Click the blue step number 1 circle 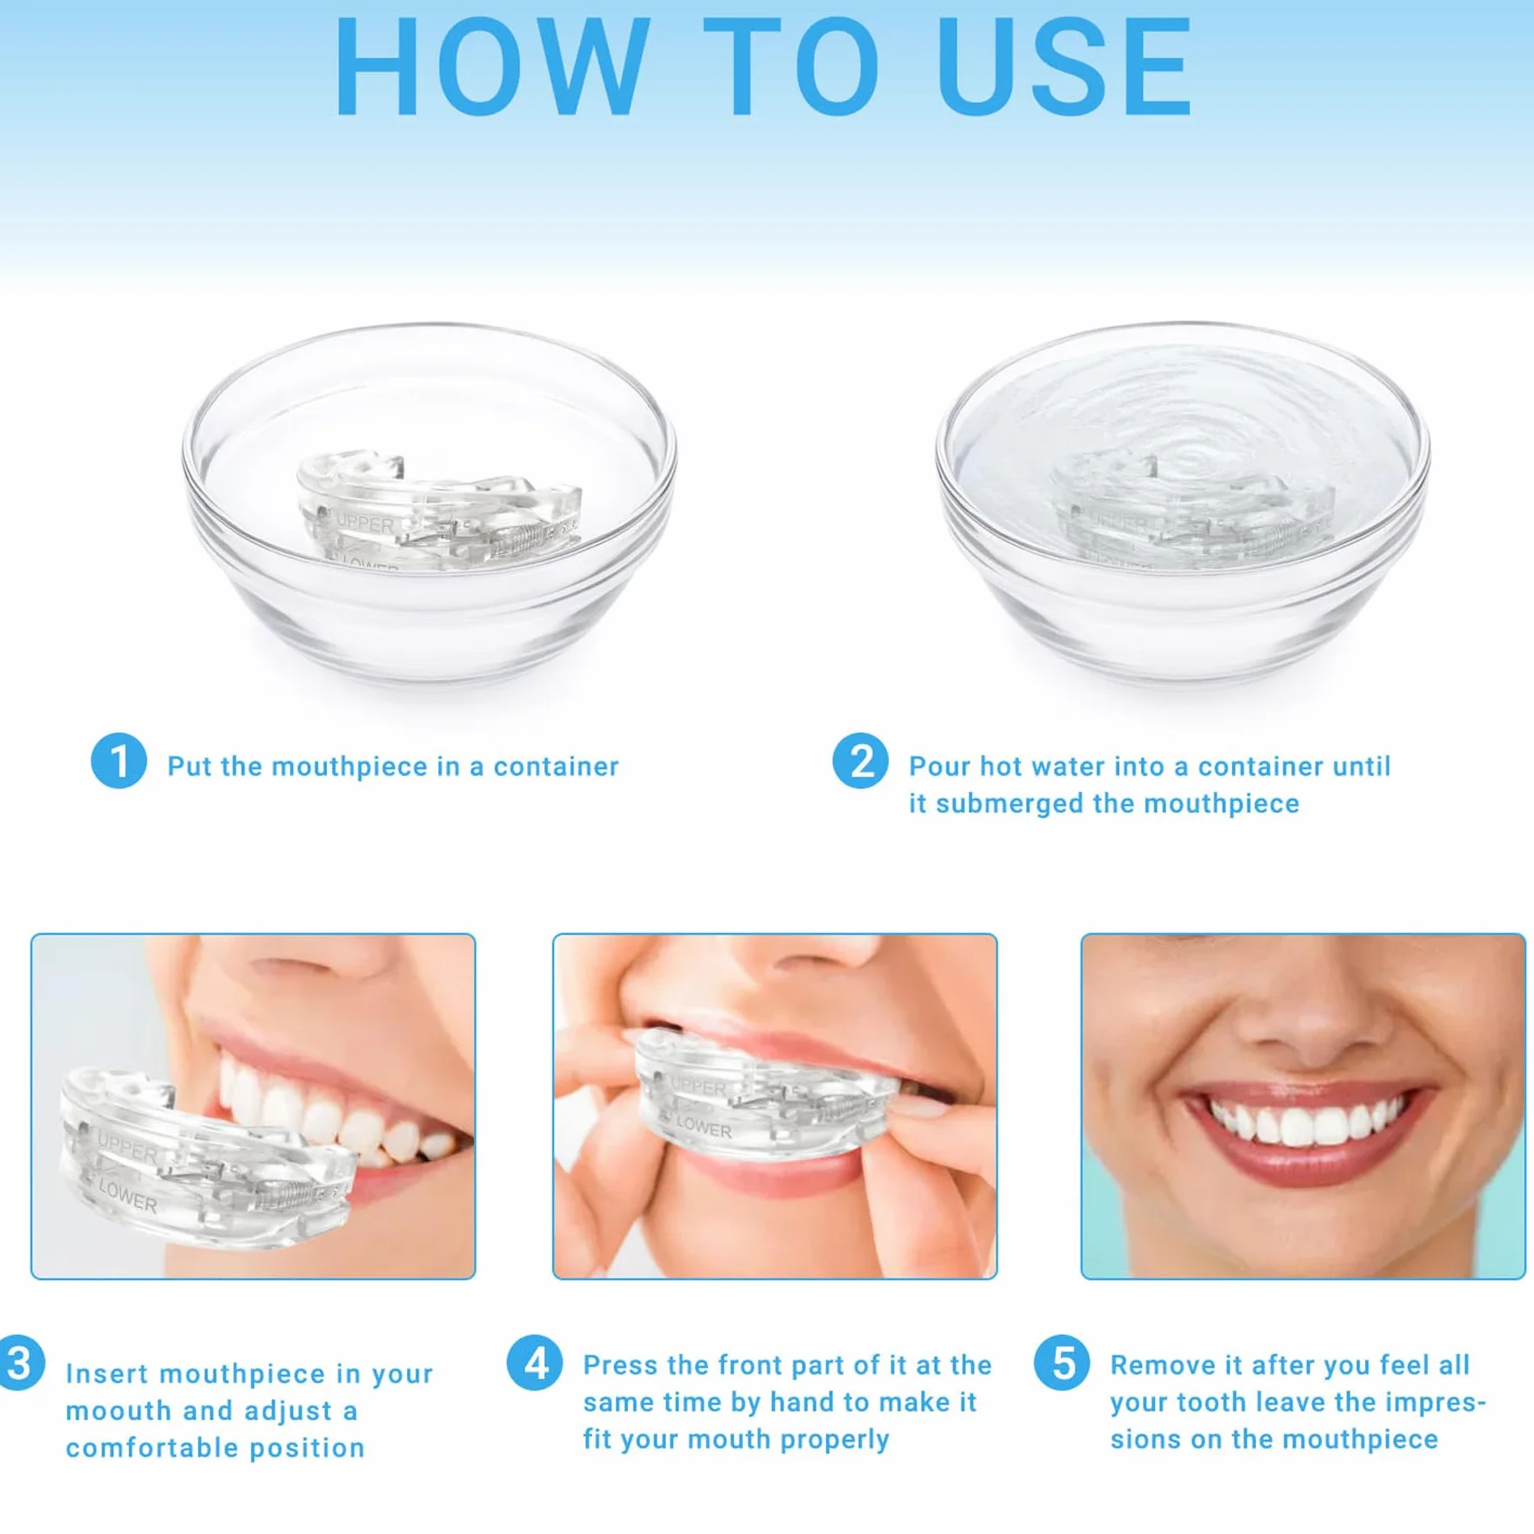(x=119, y=761)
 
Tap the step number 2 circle (x=860, y=761)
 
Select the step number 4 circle (x=535, y=1363)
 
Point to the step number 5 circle (x=1062, y=1363)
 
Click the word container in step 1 (x=557, y=766)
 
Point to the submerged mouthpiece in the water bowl (x=1191, y=511)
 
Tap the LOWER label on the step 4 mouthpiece (x=704, y=1128)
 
